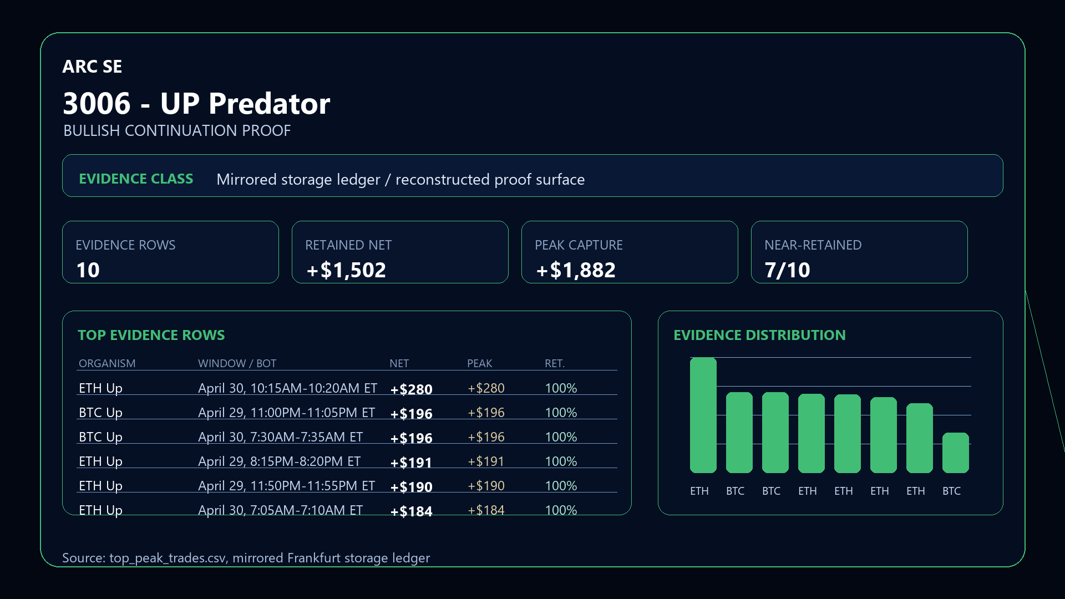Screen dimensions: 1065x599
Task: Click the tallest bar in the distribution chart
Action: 703,415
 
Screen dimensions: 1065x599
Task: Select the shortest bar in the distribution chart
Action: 955,453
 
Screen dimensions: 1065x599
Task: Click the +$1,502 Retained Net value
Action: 346,270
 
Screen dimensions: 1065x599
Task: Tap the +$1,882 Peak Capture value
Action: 576,270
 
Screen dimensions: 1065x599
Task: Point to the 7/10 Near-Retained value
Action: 787,270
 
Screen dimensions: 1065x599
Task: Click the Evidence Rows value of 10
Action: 88,270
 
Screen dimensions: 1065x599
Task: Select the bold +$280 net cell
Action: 411,389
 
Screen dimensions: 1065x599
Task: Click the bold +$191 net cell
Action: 411,463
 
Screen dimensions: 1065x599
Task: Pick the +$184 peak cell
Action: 486,510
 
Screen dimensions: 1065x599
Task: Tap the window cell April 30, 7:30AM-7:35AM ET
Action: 280,437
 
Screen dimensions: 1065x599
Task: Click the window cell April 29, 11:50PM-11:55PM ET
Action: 286,486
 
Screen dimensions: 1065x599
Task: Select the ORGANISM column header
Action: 107,363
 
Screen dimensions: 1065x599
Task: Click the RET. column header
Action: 554,363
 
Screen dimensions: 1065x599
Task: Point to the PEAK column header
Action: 479,363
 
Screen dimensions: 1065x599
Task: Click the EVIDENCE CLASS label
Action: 136,179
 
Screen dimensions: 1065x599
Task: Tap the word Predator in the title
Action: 269,104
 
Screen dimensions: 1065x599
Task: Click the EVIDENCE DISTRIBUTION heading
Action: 759,335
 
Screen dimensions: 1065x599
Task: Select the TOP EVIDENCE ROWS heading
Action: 151,335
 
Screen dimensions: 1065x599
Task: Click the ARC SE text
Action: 92,67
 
